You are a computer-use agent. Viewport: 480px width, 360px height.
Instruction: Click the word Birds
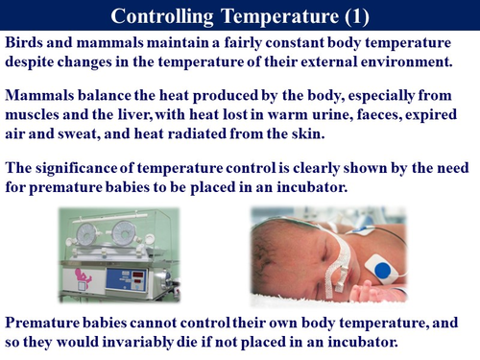(25, 44)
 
